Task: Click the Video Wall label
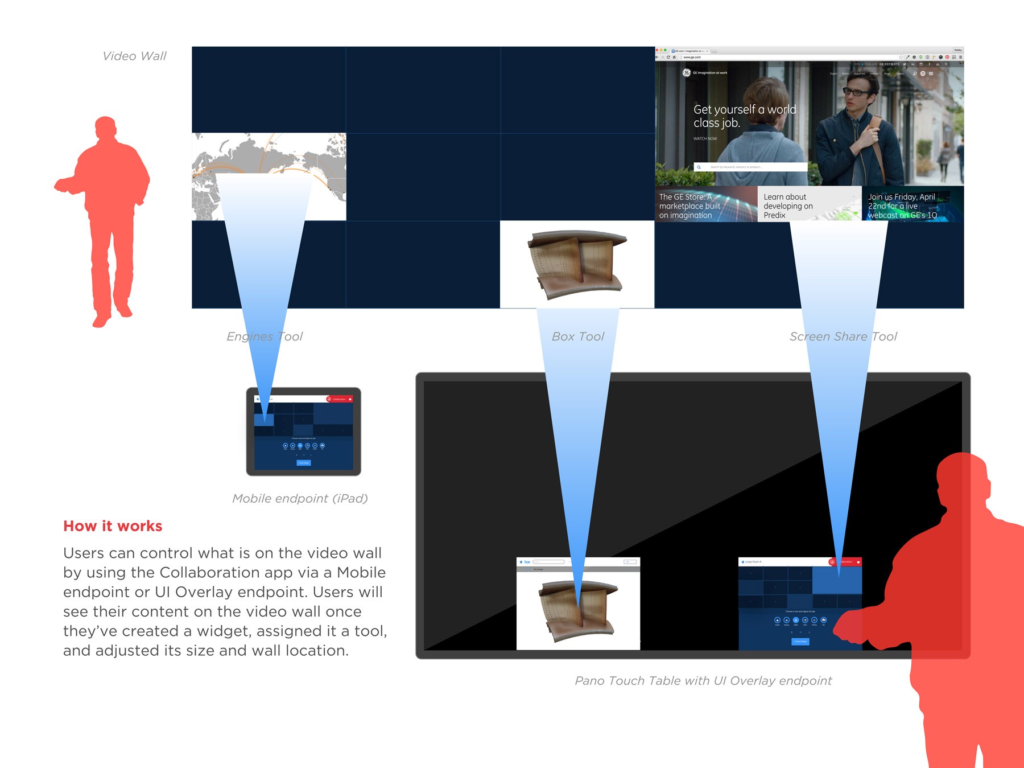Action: coord(134,56)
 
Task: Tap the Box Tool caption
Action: coord(577,336)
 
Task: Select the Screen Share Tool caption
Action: coord(843,336)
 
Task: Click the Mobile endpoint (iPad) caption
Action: coord(300,499)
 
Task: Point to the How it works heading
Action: coord(113,526)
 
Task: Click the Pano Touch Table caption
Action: coord(703,681)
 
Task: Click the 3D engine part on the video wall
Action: coord(577,264)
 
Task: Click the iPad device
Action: coord(303,432)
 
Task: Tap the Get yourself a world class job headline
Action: coord(744,116)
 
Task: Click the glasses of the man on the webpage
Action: coord(855,91)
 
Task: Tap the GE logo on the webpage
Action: coord(687,73)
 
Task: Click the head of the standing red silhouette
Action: coord(106,128)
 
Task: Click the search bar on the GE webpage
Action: coord(750,167)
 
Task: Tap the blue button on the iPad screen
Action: coord(303,463)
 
